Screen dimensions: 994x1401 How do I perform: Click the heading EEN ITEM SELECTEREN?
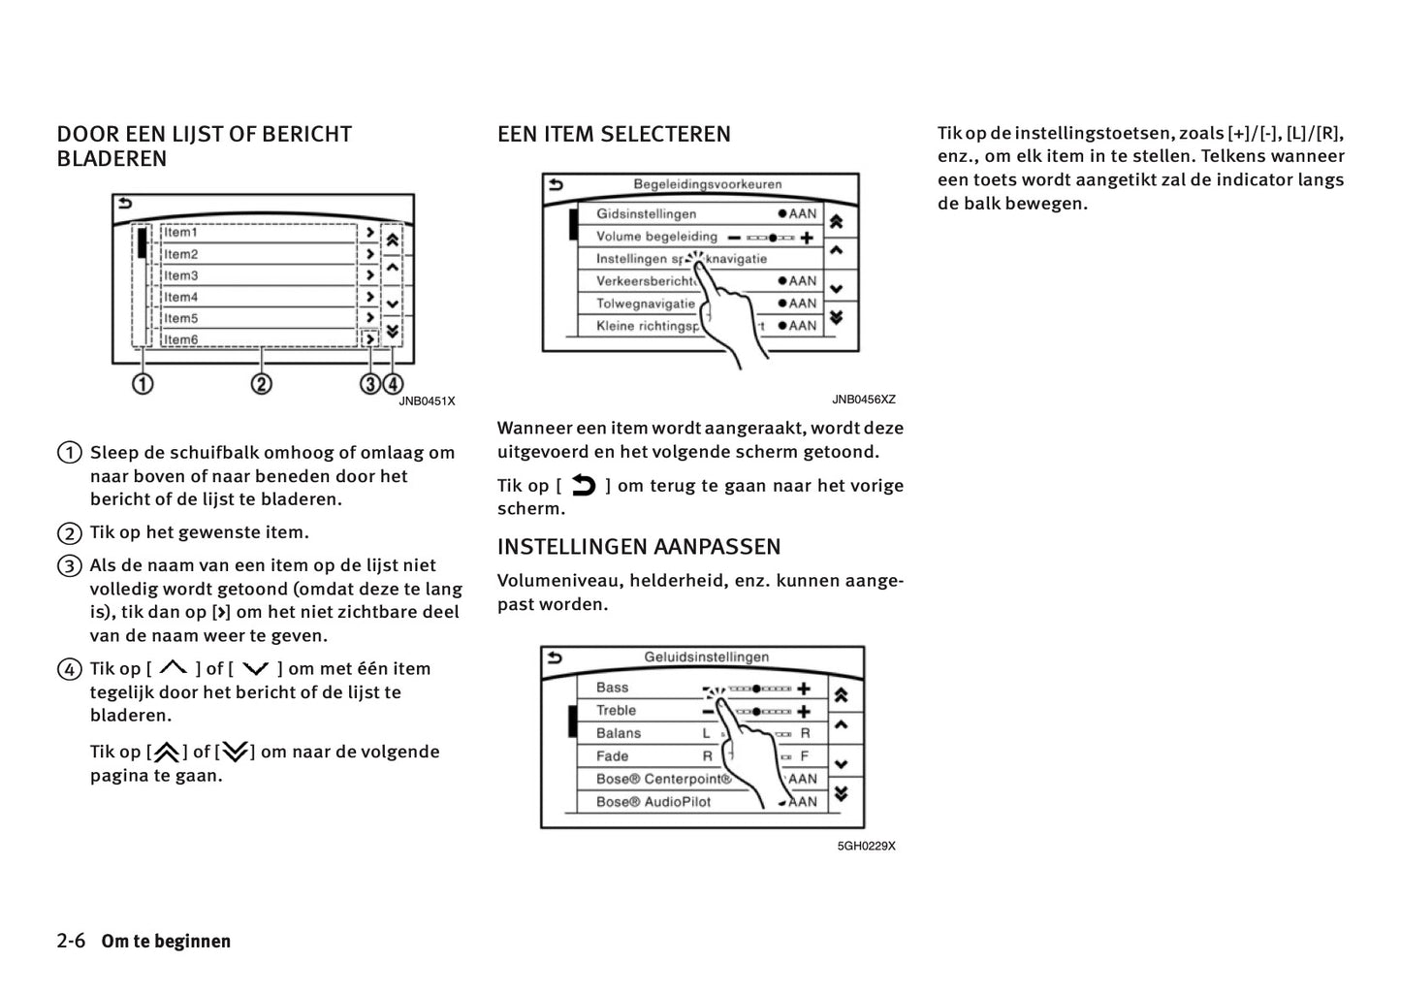[614, 135]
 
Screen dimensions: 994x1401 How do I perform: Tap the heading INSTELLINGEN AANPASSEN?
[638, 547]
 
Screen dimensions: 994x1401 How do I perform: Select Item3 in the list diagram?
[181, 275]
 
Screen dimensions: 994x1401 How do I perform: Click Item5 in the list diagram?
[181, 318]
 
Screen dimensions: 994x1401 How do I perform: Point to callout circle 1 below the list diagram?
[143, 384]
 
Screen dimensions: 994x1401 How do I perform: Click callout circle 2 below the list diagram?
[261, 384]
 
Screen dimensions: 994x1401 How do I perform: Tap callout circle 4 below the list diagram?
[393, 384]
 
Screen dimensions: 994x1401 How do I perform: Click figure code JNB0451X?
[427, 401]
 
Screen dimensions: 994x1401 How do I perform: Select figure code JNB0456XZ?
[863, 400]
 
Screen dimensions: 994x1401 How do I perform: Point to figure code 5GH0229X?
[866, 846]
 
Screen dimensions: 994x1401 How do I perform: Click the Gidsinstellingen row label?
[646, 214]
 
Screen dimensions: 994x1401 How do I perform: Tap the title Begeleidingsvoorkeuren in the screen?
[707, 184]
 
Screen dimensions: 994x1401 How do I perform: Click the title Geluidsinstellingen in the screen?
[706, 657]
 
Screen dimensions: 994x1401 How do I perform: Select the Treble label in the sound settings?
[616, 711]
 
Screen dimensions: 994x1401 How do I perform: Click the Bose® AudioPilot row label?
[653, 802]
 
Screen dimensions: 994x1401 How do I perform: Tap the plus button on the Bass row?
[804, 689]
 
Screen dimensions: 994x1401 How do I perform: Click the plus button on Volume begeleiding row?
[806, 238]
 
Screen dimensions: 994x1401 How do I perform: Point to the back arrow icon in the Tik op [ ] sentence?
[584, 485]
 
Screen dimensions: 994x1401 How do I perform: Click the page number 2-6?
[72, 941]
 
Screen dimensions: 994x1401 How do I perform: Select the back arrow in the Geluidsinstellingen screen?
[555, 657]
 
